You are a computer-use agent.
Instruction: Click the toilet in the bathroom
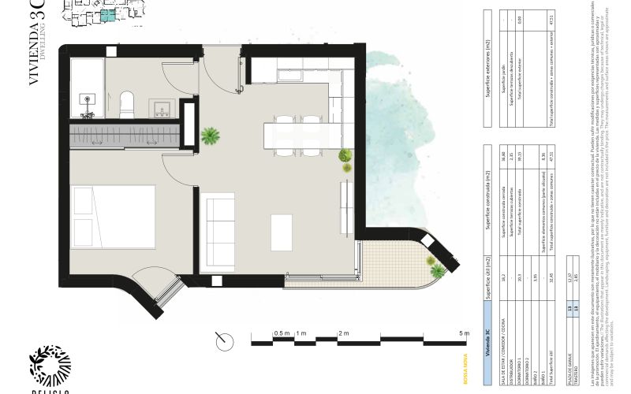tap(125, 101)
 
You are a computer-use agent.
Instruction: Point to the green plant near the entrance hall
tap(210, 136)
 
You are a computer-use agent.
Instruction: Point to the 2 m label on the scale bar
tap(343, 334)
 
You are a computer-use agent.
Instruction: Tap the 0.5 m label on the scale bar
tap(282, 334)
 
